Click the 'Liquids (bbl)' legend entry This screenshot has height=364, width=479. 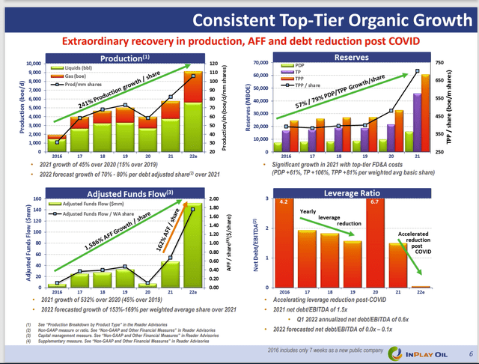[x=74, y=68]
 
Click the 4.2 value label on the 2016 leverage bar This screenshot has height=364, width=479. [x=284, y=201]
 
